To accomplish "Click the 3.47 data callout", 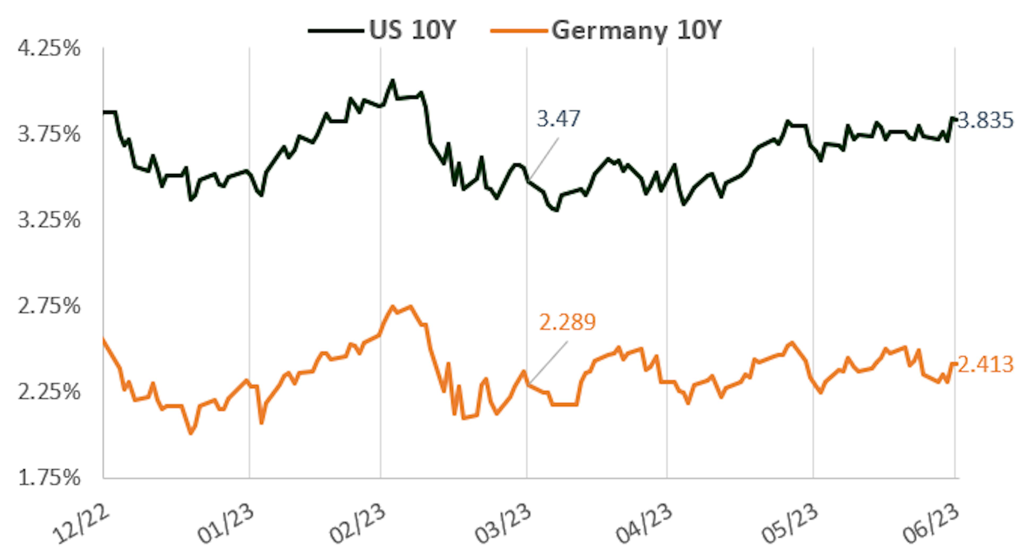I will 558,119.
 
